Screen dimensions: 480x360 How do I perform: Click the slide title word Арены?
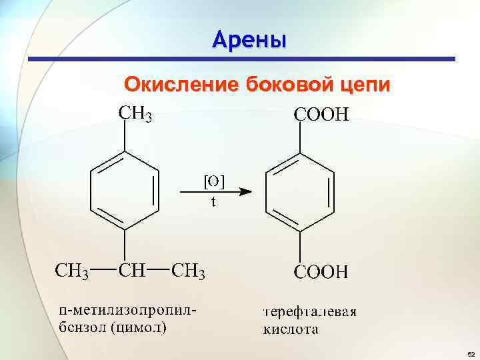click(249, 39)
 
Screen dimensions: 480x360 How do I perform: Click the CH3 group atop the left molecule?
click(135, 114)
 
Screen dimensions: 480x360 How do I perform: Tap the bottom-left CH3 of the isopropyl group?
click(71, 271)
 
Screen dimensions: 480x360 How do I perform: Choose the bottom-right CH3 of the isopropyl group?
click(189, 271)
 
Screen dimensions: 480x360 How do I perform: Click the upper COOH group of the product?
click(321, 115)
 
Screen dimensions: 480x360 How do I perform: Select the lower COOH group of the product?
click(321, 272)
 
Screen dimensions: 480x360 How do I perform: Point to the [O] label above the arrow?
click(213, 181)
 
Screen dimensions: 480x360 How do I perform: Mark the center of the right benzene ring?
click(300, 191)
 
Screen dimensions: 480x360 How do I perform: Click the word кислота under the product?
click(290, 329)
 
